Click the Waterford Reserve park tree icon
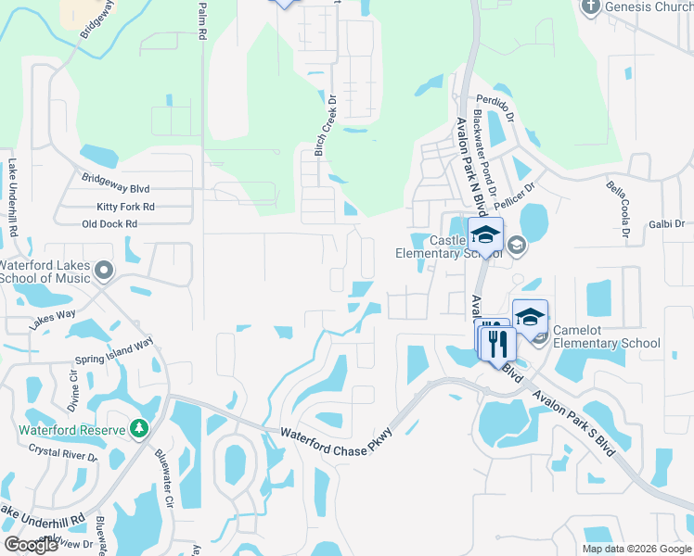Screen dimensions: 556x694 click(x=139, y=428)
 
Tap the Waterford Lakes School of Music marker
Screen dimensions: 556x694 click(x=104, y=272)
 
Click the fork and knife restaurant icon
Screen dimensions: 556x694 click(x=497, y=343)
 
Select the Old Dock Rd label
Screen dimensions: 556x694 click(x=109, y=224)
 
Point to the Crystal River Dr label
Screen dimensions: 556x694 click(x=62, y=453)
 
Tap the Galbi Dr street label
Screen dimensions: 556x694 click(x=666, y=224)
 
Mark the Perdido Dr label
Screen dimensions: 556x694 click(x=495, y=100)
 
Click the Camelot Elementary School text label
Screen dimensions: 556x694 click(x=606, y=336)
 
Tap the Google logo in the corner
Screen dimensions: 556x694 click(x=31, y=545)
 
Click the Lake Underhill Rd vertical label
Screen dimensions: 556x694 click(x=13, y=196)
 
